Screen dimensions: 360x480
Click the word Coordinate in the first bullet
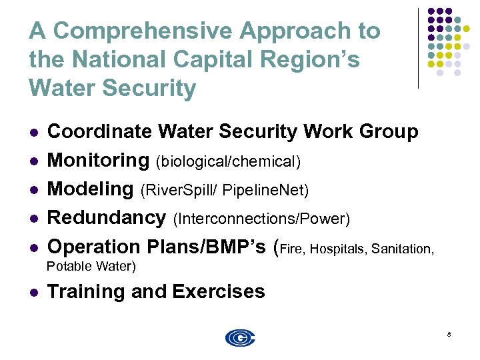click(100, 132)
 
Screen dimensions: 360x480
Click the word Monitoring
click(98, 161)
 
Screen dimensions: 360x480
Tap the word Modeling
click(91, 189)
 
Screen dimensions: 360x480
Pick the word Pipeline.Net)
click(265, 191)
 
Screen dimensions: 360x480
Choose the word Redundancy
click(107, 217)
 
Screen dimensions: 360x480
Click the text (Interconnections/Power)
click(261, 219)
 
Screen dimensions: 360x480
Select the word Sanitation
click(403, 249)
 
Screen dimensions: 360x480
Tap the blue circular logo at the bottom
click(240, 338)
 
